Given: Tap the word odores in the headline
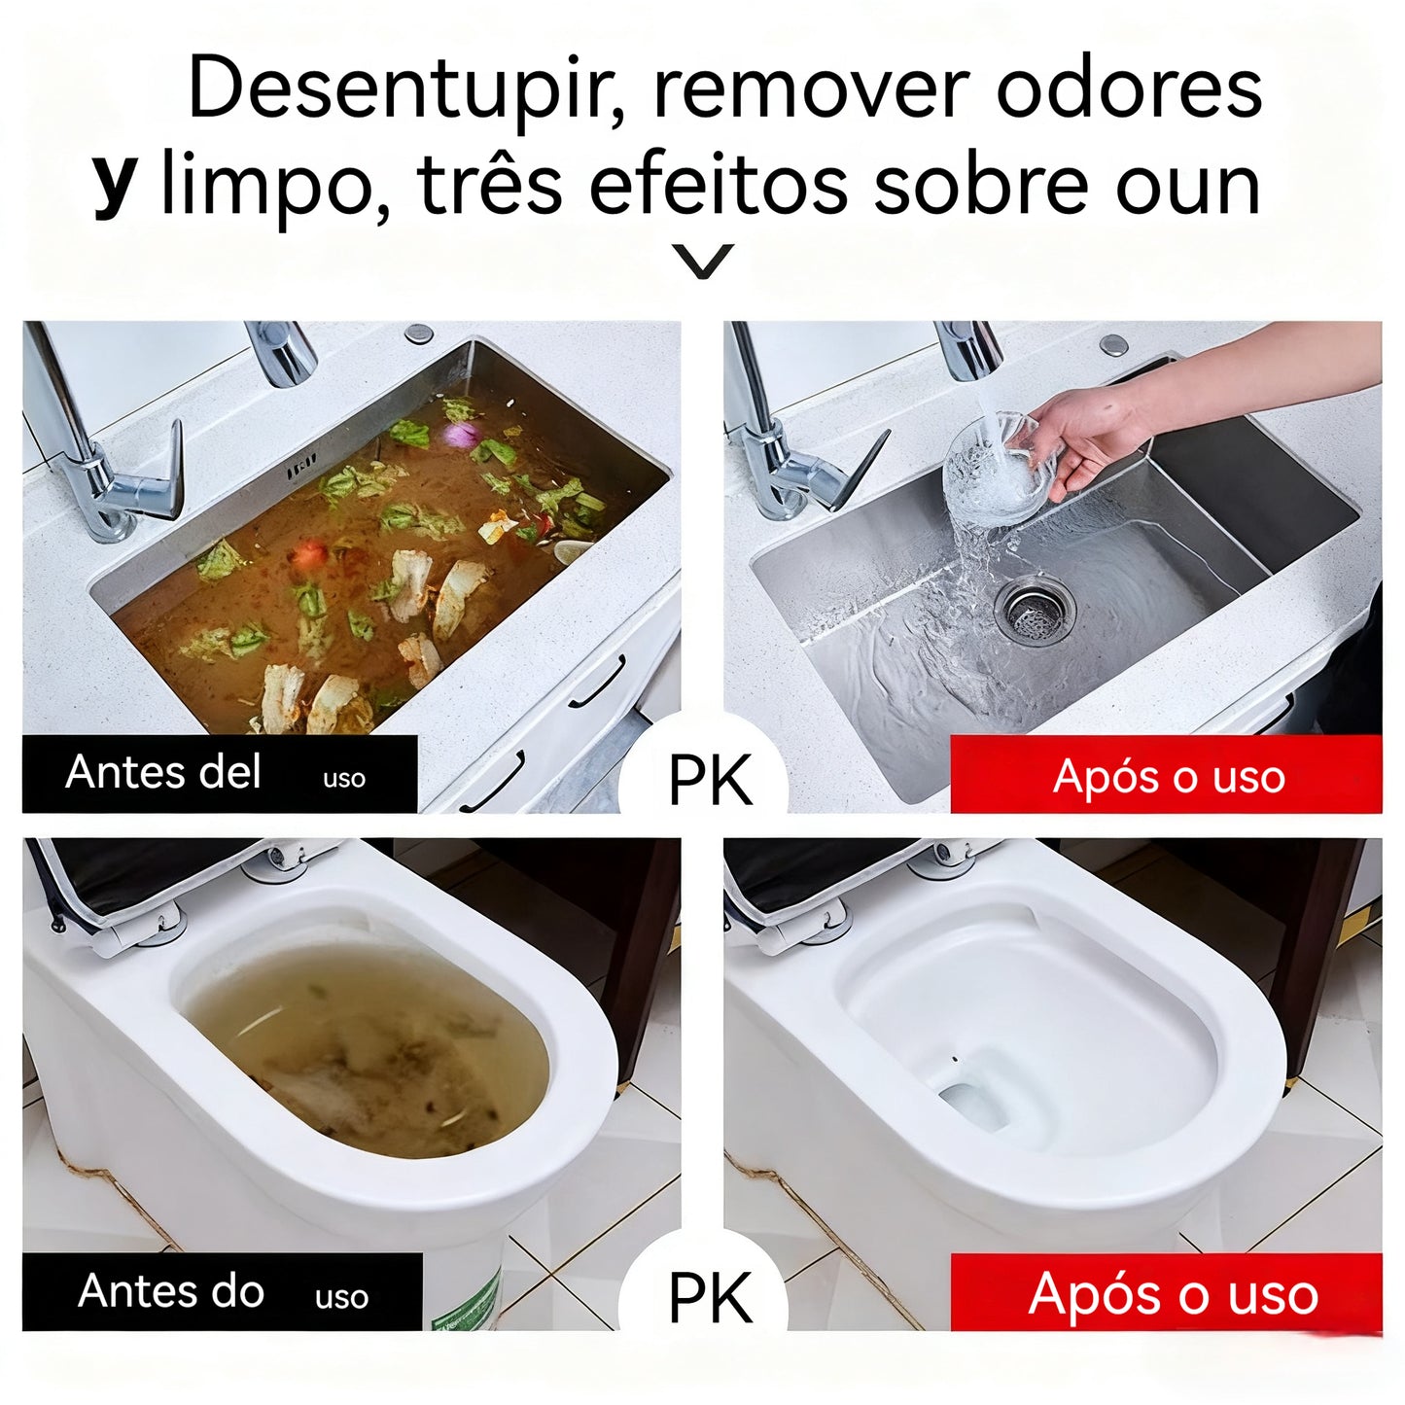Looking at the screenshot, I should pos(1129,88).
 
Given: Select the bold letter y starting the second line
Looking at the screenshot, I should pos(115,185).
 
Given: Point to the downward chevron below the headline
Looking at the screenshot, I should pos(703,262).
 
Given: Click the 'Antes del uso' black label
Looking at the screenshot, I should pos(220,774).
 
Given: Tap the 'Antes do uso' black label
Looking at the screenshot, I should pos(222,1291).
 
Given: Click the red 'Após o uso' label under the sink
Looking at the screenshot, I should pos(1166,776).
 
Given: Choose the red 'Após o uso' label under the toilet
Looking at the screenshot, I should pos(1166,1293).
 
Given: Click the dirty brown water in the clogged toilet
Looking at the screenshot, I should pos(369,1050).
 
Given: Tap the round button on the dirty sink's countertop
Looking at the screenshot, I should pos(419,333).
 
